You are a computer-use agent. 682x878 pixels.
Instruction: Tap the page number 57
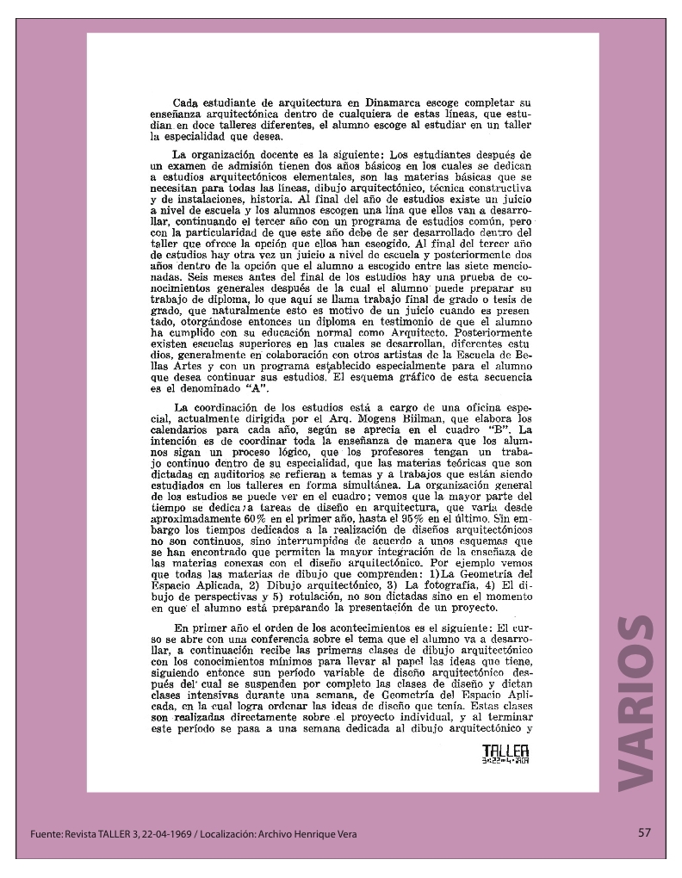pyautogui.click(x=645, y=832)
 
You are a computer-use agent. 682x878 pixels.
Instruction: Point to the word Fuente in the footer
pyautogui.click(x=44, y=834)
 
